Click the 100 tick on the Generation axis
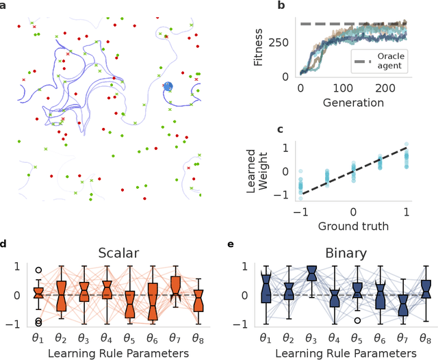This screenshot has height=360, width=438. pyautogui.click(x=346, y=89)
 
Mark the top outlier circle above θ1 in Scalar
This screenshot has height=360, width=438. pyautogui.click(x=38, y=270)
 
